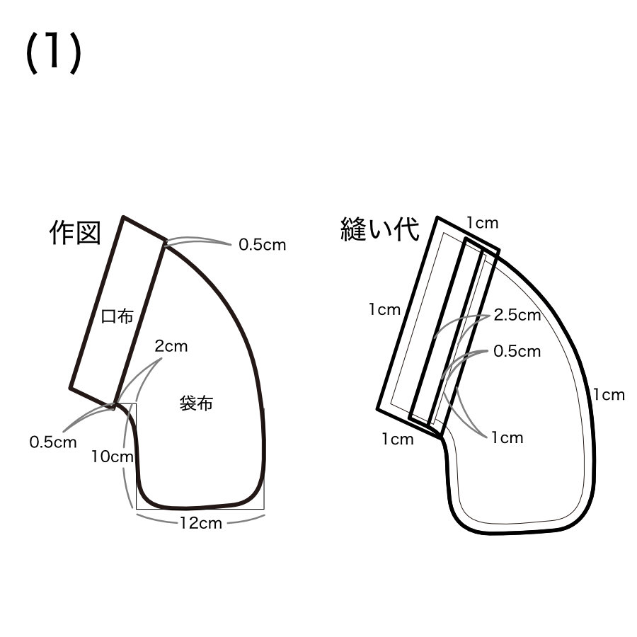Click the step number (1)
pos(54,53)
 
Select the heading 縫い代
pos(379,230)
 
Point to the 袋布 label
pos(197,405)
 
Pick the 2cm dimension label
pos(171,347)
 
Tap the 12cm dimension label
pos(200,524)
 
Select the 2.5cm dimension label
pos(517,316)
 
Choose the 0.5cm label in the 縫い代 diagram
pos(517,351)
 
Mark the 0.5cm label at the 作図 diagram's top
pos(262,245)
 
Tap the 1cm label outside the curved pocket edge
pos(609,395)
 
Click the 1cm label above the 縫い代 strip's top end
pos(482,223)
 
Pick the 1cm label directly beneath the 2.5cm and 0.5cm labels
pos(507,437)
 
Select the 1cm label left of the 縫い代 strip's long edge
pos(384,309)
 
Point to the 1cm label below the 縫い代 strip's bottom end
pos(397,440)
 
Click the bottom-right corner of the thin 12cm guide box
pos(264,509)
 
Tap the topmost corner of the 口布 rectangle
pos(124,217)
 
